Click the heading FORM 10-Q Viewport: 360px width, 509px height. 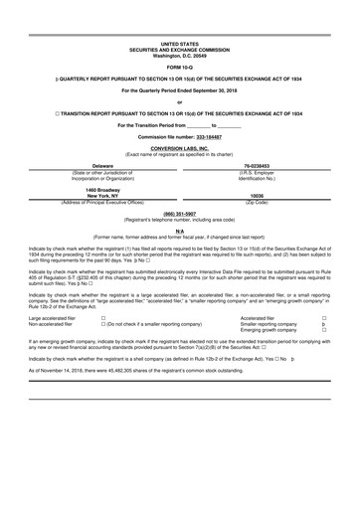click(180, 67)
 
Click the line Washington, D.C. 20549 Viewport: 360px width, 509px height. click(180, 55)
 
